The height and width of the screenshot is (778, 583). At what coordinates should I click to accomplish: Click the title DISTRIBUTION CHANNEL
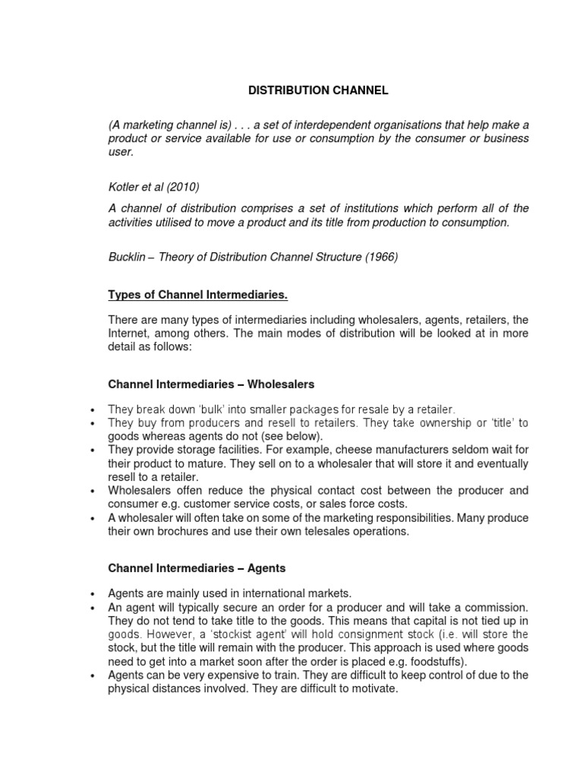tap(319, 90)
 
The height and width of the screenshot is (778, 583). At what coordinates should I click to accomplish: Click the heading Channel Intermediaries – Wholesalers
tap(211, 384)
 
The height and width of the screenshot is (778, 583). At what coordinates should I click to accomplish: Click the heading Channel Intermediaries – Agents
tap(197, 568)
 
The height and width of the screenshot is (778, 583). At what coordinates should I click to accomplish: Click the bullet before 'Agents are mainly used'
tap(93, 593)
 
